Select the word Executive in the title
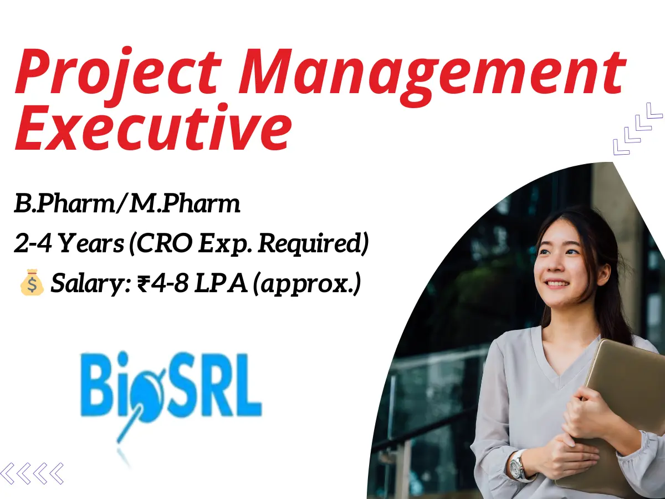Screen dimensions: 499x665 coord(152,131)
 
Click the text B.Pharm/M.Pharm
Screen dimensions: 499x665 coord(127,205)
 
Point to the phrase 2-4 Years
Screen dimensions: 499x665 coord(69,245)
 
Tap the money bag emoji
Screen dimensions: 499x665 coord(31,284)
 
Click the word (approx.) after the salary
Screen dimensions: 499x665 coord(307,284)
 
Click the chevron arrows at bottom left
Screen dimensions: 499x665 coord(32,473)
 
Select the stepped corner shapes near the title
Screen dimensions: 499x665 coord(637,128)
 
